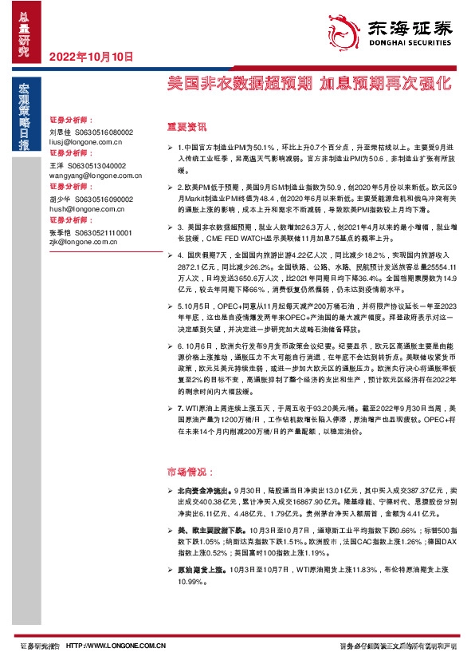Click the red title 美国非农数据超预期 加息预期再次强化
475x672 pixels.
[309, 83]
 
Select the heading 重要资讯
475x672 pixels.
[186, 126]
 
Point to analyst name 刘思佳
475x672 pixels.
[61, 132]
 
